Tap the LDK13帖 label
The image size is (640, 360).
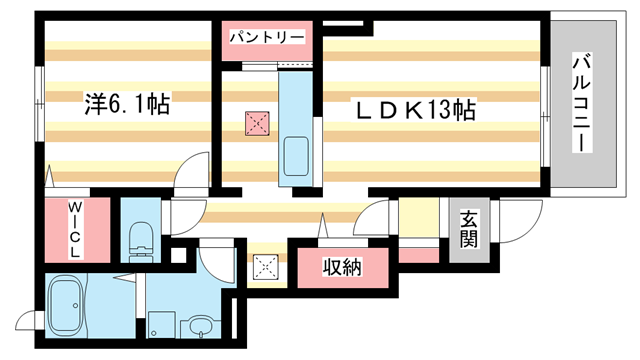413,109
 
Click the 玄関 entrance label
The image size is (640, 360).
469,231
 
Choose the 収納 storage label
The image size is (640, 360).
341,268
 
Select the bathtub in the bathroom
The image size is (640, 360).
75,308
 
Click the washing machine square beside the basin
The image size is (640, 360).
161,325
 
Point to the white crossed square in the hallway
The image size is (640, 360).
265,266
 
